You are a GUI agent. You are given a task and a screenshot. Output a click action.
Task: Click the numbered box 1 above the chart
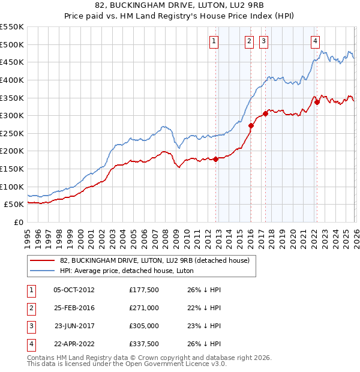tap(214, 41)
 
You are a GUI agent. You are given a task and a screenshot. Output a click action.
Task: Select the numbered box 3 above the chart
tap(263, 41)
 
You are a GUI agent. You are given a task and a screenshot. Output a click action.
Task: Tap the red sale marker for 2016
tap(251, 125)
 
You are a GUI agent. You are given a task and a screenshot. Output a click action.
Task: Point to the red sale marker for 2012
tap(215, 159)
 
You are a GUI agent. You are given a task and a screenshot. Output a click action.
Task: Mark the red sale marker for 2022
tap(317, 102)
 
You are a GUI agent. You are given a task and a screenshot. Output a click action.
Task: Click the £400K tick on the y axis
tap(12, 80)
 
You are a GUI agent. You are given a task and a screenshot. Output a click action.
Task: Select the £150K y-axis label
tap(12, 169)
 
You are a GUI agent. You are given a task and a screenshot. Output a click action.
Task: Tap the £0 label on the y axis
tap(18, 222)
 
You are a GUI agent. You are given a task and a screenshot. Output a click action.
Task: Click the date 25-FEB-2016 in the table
tap(75, 307)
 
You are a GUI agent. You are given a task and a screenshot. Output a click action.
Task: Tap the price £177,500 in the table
tap(143, 289)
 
